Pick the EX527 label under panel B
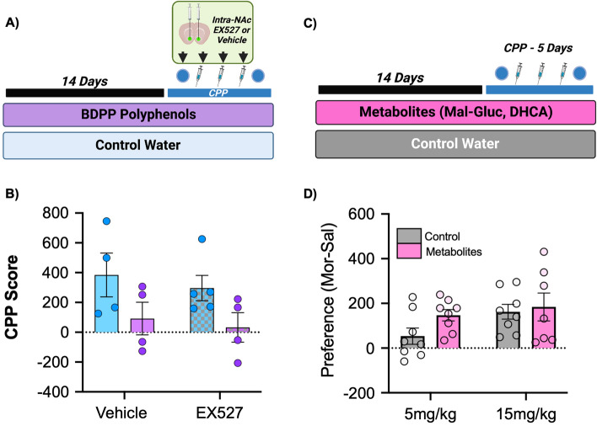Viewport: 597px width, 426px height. pyautogui.click(x=219, y=413)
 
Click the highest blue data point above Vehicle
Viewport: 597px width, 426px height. pyautogui.click(x=108, y=221)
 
